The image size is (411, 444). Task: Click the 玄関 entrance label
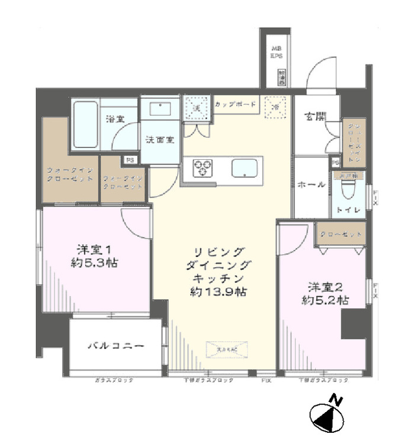click(314, 117)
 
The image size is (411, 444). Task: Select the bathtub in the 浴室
click(86, 124)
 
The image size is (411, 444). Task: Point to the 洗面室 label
click(160, 140)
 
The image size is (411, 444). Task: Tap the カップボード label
click(235, 105)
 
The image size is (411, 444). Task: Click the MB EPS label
click(277, 52)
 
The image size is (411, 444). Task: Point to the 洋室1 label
click(95, 249)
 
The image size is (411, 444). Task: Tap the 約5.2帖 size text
click(325, 300)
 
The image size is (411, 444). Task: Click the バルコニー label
click(115, 346)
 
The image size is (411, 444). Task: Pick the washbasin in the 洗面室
click(159, 109)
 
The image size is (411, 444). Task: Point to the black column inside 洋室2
click(354, 323)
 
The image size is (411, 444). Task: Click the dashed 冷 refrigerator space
click(275, 107)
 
